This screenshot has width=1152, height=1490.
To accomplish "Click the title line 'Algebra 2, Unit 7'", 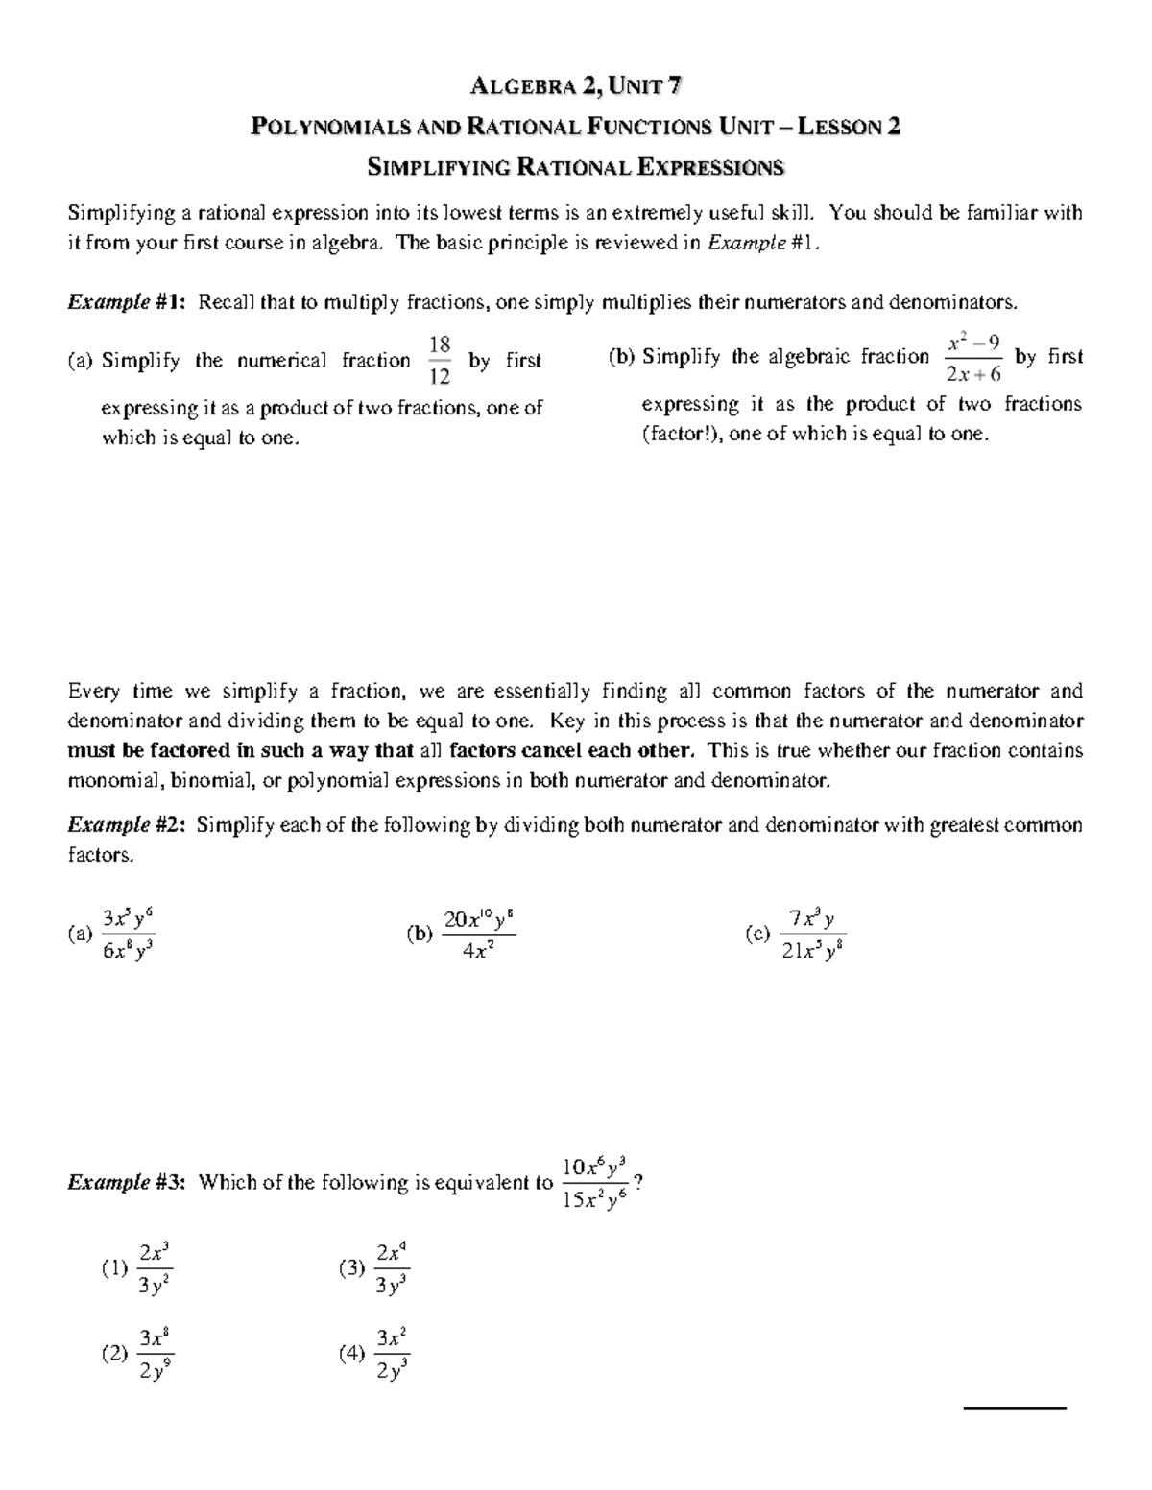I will (x=576, y=86).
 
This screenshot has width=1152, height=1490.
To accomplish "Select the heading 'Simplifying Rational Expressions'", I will (x=576, y=168).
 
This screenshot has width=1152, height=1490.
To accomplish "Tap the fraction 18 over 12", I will (x=440, y=361).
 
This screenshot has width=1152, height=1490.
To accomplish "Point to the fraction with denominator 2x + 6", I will (x=973, y=358).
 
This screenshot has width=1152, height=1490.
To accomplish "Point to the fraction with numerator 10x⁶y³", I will (x=594, y=1183).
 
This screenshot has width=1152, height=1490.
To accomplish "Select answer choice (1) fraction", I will (x=155, y=1268).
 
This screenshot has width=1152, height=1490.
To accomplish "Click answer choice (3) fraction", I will (x=392, y=1268).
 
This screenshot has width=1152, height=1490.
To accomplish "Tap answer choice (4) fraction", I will (x=392, y=1354).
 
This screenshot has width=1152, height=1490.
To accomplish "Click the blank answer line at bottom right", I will (x=1015, y=1408).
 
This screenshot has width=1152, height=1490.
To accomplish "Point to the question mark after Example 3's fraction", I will (x=639, y=1182).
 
